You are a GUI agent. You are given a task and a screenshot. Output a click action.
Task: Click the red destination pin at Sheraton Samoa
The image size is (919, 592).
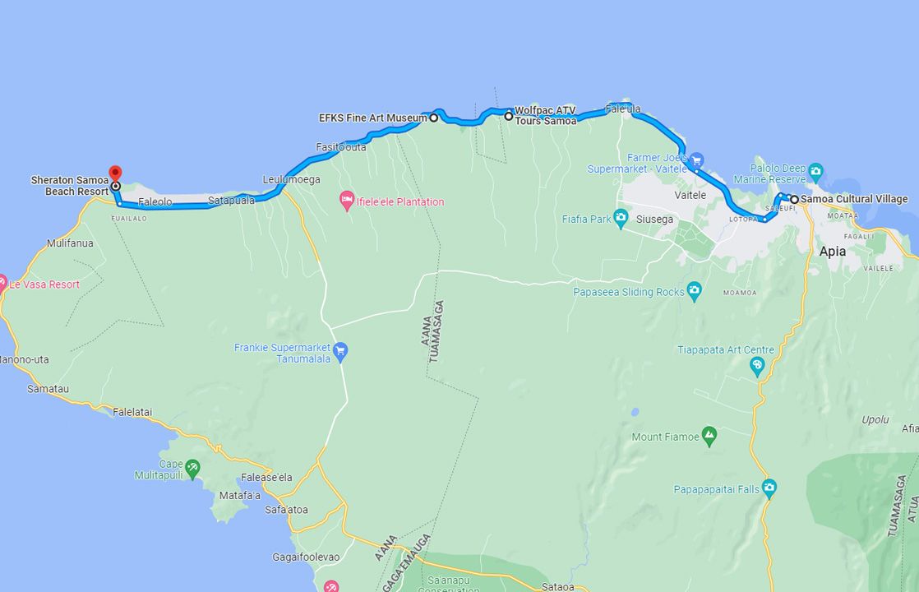pos(115,173)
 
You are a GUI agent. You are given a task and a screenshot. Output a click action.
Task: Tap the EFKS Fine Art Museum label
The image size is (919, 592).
pos(372,118)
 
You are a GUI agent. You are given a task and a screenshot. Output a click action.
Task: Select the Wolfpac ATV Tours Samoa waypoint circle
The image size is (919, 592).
pos(509,117)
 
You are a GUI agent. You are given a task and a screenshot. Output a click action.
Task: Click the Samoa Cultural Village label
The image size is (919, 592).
pos(854,199)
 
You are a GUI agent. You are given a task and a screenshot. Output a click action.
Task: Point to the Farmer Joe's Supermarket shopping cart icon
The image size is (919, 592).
pos(696,160)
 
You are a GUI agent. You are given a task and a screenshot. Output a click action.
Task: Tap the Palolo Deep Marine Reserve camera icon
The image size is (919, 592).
pos(815,173)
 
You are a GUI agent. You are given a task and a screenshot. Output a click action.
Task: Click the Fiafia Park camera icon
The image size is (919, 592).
pos(621,219)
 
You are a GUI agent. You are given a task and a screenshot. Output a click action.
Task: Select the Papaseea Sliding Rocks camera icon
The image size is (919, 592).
pos(695,291)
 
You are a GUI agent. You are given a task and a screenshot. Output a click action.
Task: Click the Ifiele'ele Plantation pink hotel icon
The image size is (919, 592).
pos(348,201)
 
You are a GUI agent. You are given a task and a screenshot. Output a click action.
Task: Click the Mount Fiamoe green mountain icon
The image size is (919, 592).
pos(709,437)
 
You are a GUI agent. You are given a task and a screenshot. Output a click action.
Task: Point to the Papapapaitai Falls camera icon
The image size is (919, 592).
pos(769,488)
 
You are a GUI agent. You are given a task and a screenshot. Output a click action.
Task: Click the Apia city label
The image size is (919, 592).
pos(832,252)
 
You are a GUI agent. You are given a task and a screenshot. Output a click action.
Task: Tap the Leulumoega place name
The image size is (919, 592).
pos(291,179)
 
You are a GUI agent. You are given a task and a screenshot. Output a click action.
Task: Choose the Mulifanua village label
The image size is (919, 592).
pos(70,243)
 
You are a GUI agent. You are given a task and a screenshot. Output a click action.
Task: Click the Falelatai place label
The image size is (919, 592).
pos(133,412)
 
